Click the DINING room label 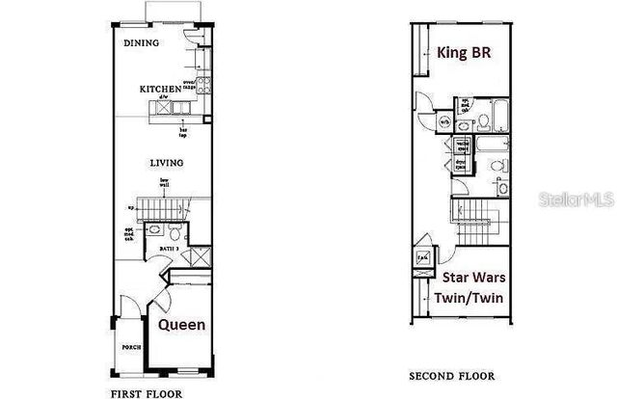141,43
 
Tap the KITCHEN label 159,90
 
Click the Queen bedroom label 181,325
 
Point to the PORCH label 131,348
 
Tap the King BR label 466,53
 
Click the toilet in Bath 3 174,233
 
